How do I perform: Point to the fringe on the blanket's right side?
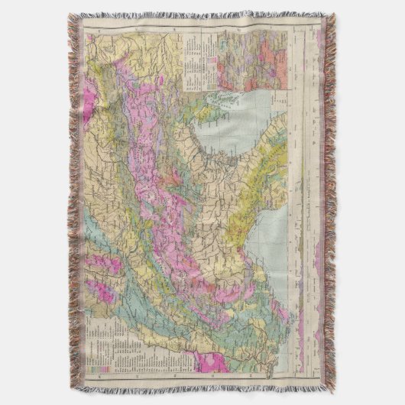click(x=329, y=199)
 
